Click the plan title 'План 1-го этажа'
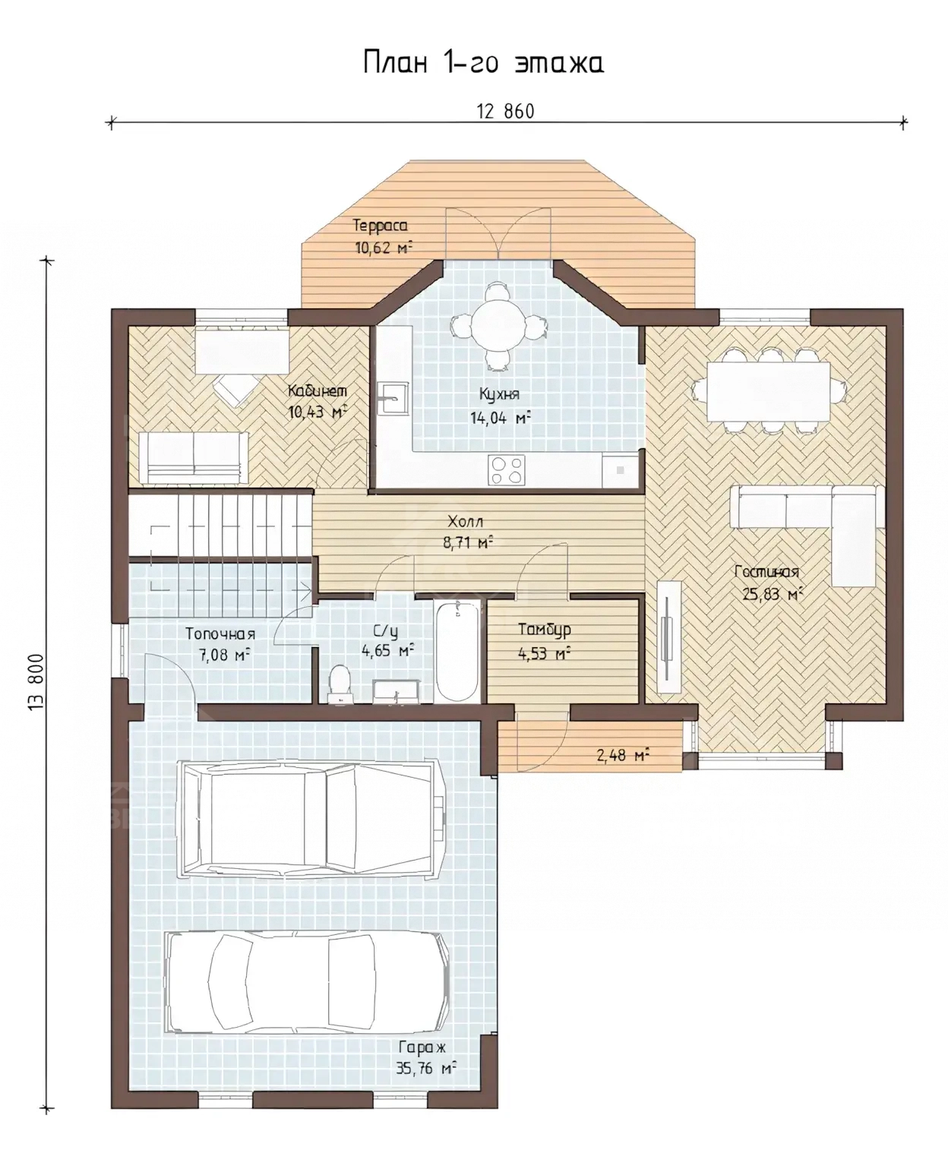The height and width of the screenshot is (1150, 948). [x=483, y=63]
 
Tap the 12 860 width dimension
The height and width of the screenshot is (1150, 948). [x=505, y=111]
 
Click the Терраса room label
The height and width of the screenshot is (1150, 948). [x=380, y=226]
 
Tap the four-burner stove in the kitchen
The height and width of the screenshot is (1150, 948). [x=506, y=470]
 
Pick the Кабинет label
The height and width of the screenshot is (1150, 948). [x=318, y=390]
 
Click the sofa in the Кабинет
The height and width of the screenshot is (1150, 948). [x=194, y=457]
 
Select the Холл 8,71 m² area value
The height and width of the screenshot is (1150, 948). [x=468, y=543]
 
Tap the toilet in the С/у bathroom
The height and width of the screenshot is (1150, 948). [x=340, y=684]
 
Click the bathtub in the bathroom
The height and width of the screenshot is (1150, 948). [x=457, y=651]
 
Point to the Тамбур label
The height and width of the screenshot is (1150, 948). [x=544, y=630]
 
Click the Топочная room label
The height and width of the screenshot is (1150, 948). [x=220, y=633]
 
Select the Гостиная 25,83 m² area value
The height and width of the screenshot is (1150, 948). [x=769, y=594]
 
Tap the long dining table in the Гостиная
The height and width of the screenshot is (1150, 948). [x=769, y=392]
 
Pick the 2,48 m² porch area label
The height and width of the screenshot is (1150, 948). [x=622, y=754]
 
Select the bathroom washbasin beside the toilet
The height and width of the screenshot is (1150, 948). [x=397, y=692]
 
